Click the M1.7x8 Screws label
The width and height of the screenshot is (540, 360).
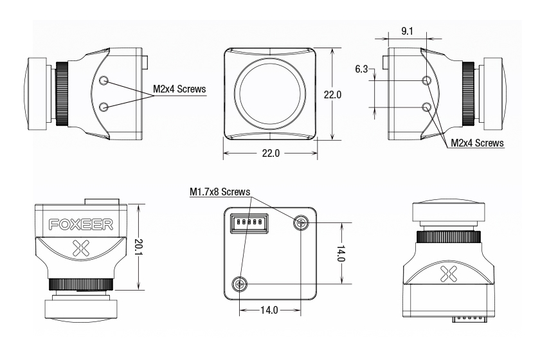pyautogui.click(x=220, y=192)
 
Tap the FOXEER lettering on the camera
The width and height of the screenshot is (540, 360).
pyautogui.click(x=81, y=224)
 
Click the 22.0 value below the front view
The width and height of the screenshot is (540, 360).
pyautogui.click(x=270, y=154)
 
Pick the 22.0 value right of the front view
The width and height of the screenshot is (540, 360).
pyautogui.click(x=332, y=94)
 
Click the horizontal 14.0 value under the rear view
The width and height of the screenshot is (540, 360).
pyautogui.click(x=271, y=309)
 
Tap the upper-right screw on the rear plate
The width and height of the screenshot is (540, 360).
pyautogui.click(x=301, y=222)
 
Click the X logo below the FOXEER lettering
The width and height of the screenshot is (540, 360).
pyautogui.click(x=82, y=247)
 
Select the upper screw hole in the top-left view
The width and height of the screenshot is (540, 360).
pyautogui.click(x=105, y=80)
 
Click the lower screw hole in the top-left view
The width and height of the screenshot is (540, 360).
pyautogui.click(x=105, y=105)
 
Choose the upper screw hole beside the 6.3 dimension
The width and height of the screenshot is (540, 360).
pyautogui.click(x=426, y=80)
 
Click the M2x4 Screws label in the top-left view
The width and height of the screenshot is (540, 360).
pyautogui.click(x=179, y=90)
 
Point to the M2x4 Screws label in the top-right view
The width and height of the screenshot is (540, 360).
pyautogui.click(x=477, y=142)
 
